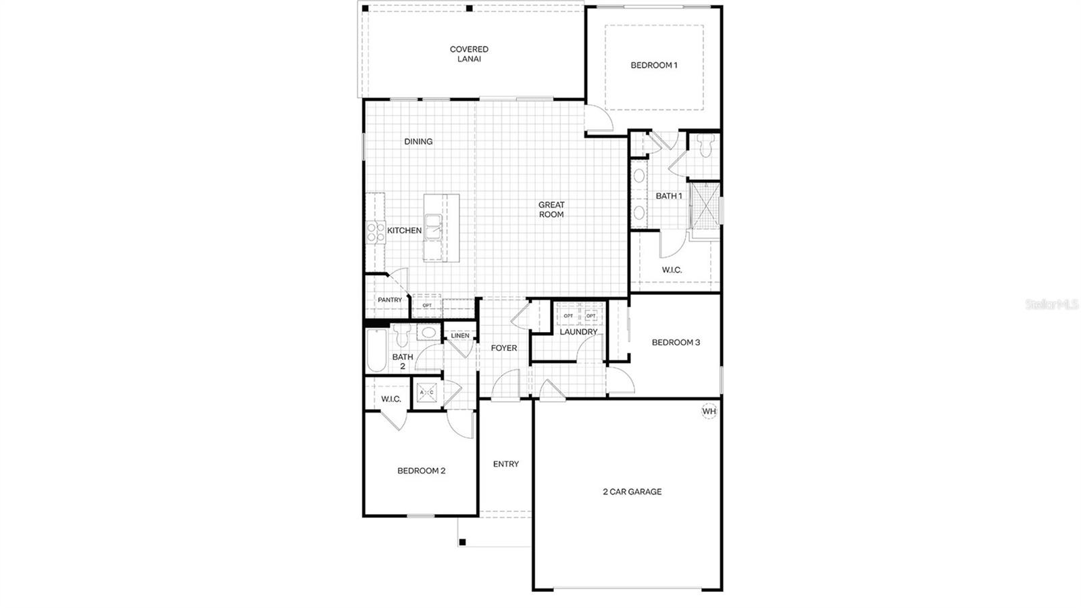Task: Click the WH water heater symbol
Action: tap(709, 411)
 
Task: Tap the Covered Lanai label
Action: tap(469, 54)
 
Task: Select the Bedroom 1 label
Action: tap(653, 66)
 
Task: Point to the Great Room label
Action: tap(551, 210)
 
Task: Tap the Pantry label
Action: tap(390, 300)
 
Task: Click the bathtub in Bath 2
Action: tap(376, 350)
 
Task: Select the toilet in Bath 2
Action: tap(402, 335)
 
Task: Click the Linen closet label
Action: tap(460, 336)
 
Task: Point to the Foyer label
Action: tap(504, 348)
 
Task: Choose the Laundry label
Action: tap(578, 332)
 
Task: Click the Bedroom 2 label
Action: tap(421, 471)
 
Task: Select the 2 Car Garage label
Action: tap(632, 492)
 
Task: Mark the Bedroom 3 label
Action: tap(676, 342)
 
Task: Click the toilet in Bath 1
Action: tap(706, 145)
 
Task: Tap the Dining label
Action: tap(418, 141)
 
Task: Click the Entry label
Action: tap(506, 464)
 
